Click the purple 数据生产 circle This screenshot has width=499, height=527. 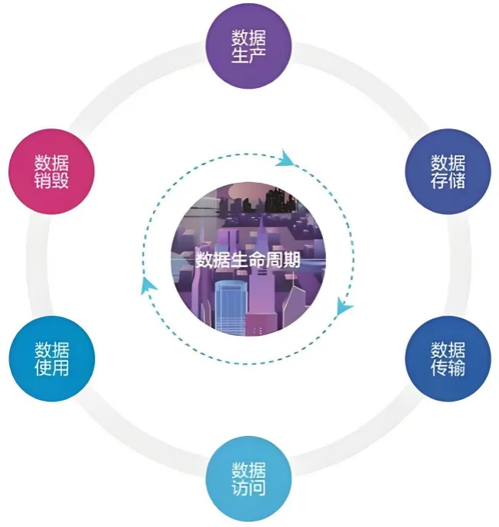[249, 46]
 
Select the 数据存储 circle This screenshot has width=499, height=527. [448, 171]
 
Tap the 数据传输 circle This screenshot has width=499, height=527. [448, 359]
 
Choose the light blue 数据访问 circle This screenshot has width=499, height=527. [249, 479]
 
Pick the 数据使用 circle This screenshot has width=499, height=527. [52, 359]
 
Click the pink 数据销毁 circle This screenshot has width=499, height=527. [51, 171]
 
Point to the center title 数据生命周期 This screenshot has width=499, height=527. [248, 260]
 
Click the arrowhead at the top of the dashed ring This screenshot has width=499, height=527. [285, 158]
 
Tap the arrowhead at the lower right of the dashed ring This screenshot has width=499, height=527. [344, 306]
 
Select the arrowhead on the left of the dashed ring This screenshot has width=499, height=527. [148, 286]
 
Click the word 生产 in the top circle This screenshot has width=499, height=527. [249, 55]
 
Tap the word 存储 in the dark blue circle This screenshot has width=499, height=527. [448, 181]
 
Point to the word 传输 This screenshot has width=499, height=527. [448, 368]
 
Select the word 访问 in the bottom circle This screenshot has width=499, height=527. [249, 488]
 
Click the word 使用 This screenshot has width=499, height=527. [52, 368]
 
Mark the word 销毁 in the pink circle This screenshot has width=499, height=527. [52, 181]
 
